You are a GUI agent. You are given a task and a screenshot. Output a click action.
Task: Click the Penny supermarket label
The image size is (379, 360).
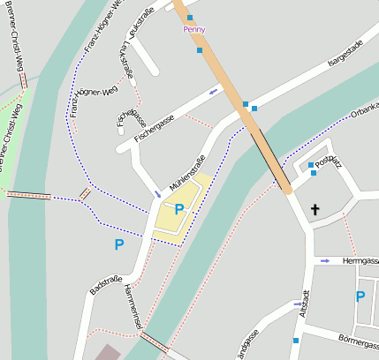click(193, 29)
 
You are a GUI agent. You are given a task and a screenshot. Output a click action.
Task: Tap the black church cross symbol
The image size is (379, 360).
click(315, 210)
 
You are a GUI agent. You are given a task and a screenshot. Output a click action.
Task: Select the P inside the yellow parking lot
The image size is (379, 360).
click(179, 209)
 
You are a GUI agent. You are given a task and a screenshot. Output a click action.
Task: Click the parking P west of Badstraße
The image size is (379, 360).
click(118, 244)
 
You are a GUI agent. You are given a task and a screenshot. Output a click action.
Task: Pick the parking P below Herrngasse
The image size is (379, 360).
click(360, 296)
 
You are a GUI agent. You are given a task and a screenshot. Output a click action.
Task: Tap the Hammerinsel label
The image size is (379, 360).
click(133, 308)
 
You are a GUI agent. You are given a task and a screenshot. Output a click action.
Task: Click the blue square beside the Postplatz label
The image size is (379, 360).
click(311, 165)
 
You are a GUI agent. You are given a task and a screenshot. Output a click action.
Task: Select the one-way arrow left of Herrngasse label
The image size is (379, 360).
click(325, 261)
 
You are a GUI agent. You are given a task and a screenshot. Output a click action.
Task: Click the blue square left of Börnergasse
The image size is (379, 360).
click(296, 340)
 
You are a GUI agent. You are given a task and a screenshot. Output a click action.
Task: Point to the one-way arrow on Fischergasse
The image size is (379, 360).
click(213, 91)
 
